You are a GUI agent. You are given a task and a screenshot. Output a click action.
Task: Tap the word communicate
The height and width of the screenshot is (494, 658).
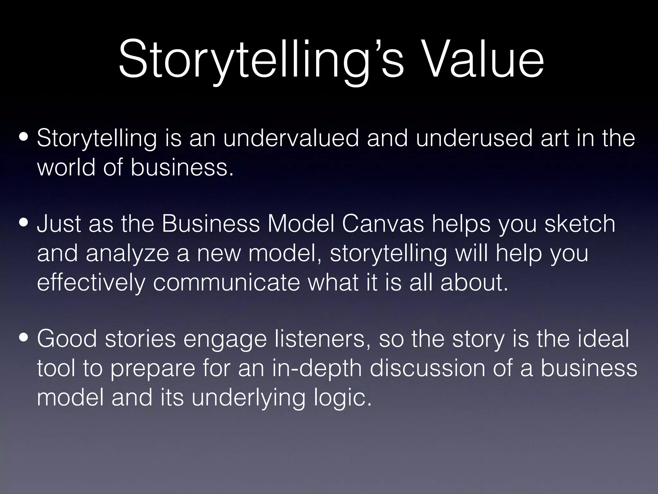[x=226, y=283]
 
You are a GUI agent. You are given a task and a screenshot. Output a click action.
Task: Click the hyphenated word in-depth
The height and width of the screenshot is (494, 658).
[x=316, y=369]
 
